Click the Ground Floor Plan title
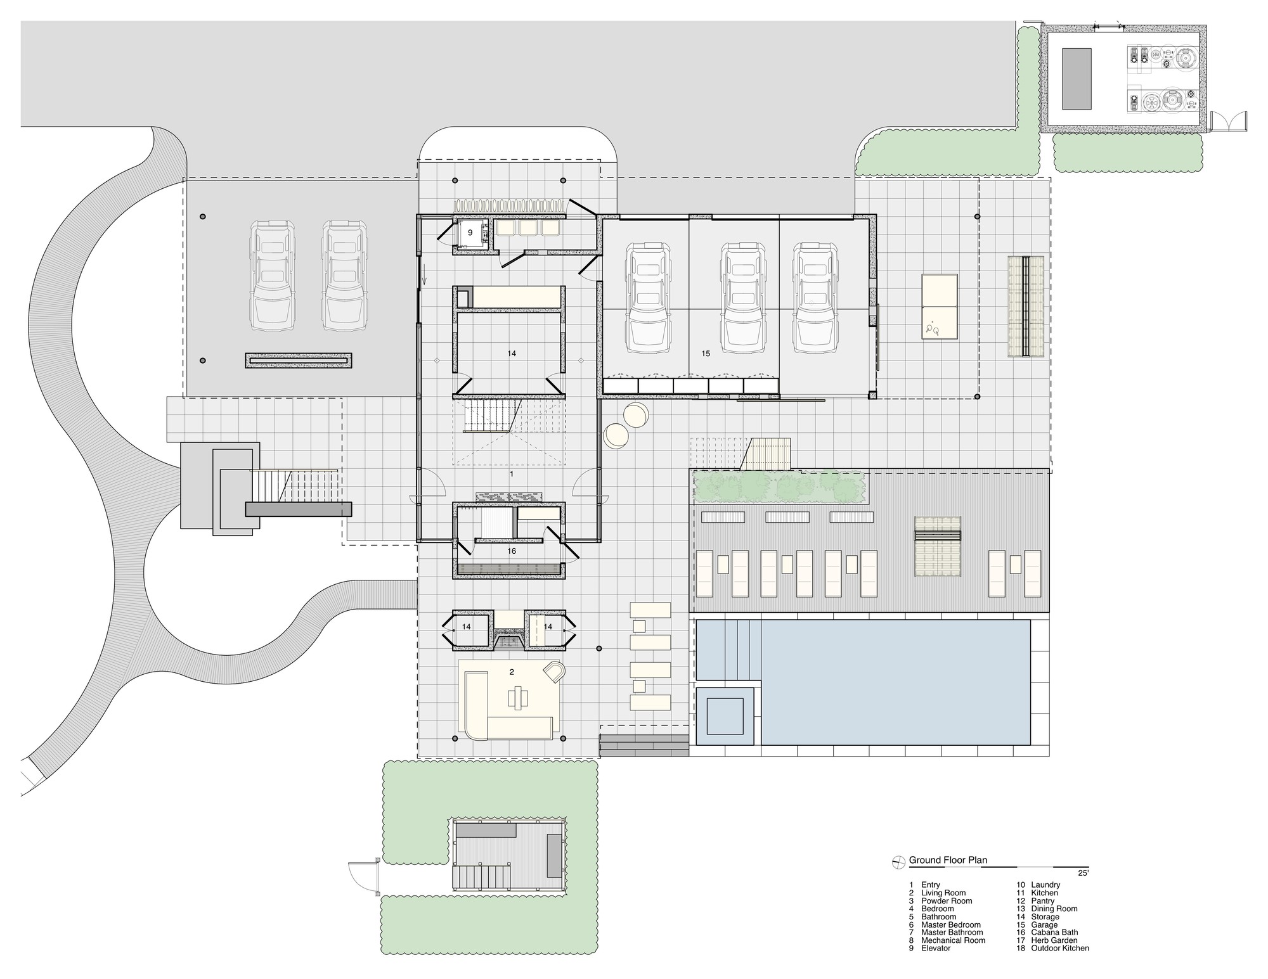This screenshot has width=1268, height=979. (948, 860)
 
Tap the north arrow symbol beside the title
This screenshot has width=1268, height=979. (898, 861)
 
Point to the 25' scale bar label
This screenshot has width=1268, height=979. (1082, 873)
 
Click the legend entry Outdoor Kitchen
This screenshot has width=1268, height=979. (1060, 949)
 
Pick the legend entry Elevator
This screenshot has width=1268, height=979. (936, 949)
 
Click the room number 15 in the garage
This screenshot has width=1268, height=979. (706, 354)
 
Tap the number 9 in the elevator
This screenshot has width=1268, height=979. (470, 233)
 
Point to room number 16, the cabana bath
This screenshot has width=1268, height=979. (512, 551)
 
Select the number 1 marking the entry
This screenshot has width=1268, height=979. (512, 474)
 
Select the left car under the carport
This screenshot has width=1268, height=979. (274, 276)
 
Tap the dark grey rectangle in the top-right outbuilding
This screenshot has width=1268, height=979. (1077, 78)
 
